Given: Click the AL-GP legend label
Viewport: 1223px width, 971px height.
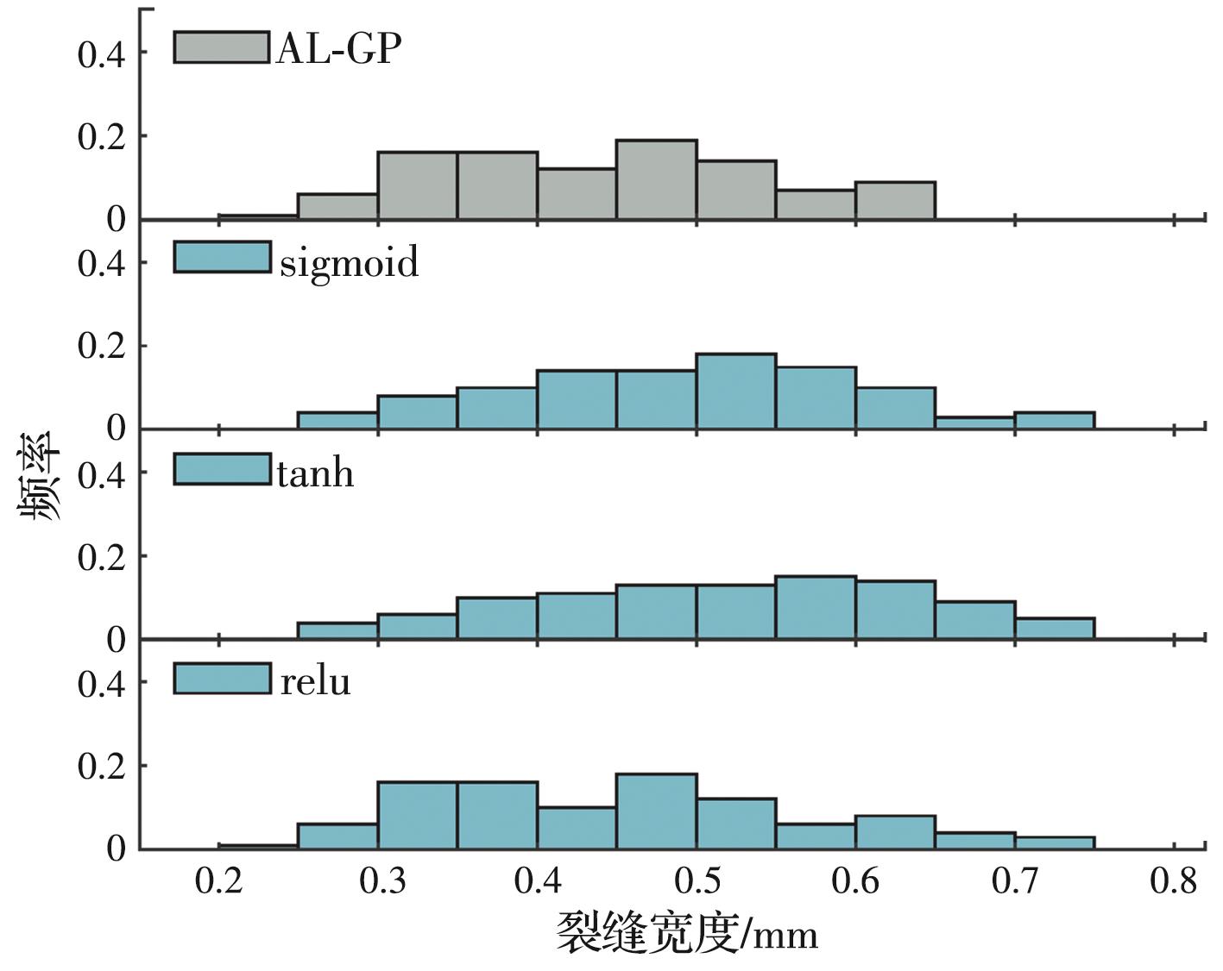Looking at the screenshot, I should click(x=338, y=49).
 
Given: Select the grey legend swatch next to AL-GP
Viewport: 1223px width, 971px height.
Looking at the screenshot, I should click(x=222, y=47).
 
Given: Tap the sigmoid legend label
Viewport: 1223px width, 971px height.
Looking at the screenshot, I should click(x=349, y=261).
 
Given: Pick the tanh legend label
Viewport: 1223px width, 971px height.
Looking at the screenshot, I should click(x=315, y=473).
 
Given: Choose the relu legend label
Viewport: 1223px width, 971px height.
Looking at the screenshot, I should click(x=316, y=682).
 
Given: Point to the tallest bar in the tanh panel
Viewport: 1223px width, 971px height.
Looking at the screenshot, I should click(x=816, y=607).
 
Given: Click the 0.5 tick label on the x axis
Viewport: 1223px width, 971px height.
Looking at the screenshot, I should click(x=697, y=882).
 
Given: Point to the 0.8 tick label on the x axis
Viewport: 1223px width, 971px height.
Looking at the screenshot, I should click(x=1174, y=882).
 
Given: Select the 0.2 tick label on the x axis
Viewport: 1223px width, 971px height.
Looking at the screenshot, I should click(x=219, y=882).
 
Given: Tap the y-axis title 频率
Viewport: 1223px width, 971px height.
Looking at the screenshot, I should click(x=38, y=476).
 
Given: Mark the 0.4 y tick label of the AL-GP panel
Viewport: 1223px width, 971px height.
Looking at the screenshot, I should click(x=101, y=54).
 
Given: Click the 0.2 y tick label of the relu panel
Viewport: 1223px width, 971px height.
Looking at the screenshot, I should click(x=101, y=767).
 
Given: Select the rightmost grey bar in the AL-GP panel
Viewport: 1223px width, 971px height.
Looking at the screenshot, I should click(x=895, y=200).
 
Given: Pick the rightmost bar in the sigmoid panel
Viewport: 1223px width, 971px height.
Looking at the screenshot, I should click(x=1054, y=420).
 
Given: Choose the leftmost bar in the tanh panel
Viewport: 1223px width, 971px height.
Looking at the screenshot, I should click(x=337, y=630).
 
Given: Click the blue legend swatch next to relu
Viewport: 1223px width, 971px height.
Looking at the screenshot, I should click(x=222, y=678).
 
